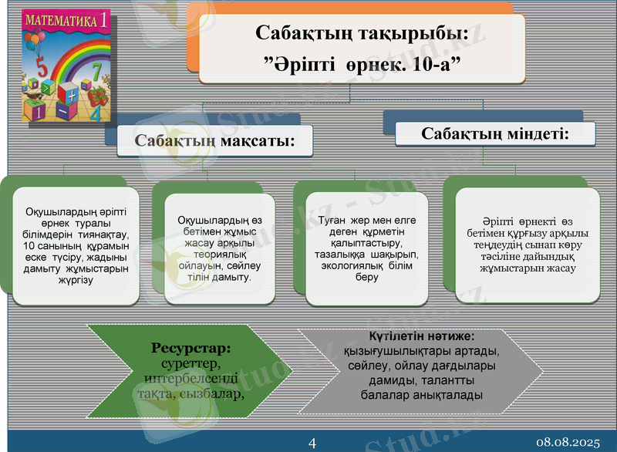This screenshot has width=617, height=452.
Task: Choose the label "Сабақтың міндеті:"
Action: click(x=495, y=133)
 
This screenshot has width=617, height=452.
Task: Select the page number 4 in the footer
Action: click(x=312, y=442)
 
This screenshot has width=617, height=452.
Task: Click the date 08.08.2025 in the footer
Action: click(x=568, y=442)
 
